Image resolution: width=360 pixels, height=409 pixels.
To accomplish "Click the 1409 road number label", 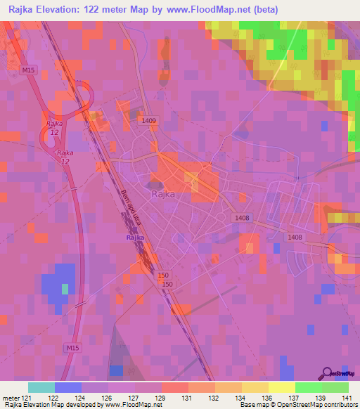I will (148, 122).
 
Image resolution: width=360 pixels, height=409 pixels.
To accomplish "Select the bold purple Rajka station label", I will (135, 238).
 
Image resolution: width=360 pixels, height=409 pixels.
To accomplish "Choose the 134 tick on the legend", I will (240, 398).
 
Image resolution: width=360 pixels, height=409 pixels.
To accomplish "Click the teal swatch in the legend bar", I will (41, 387).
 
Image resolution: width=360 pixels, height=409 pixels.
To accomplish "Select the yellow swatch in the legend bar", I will (281, 387).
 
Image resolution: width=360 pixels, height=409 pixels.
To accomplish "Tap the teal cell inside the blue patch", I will (65, 289).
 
